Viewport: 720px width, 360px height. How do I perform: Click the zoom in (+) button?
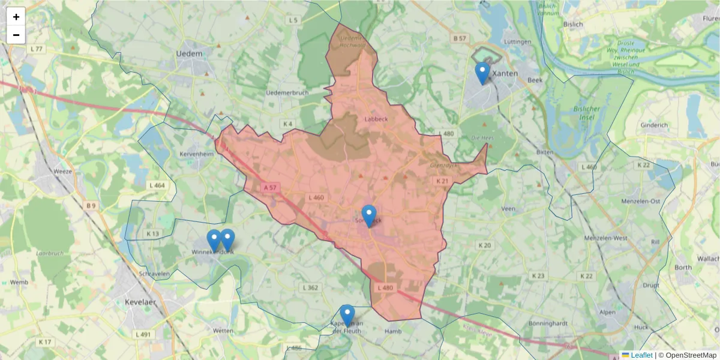pyautogui.click(x=16, y=17)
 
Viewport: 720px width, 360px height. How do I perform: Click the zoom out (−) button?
pyautogui.click(x=16, y=35)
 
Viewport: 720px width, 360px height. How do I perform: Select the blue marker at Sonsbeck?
pyautogui.click(x=369, y=216)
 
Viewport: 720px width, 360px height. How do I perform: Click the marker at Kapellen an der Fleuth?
pyautogui.click(x=347, y=316)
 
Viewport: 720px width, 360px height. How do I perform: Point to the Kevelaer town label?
pyautogui.click(x=141, y=302)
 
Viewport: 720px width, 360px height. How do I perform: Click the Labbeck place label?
pyautogui.click(x=376, y=119)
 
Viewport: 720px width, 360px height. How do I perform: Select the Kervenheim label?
pyautogui.click(x=197, y=154)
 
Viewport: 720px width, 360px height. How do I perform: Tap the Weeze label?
pyautogui.click(x=62, y=172)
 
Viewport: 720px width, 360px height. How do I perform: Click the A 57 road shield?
pyautogui.click(x=270, y=188)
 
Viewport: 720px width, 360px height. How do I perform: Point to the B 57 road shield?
pyautogui.click(x=460, y=38)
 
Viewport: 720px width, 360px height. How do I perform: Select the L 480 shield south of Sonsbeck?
pyautogui.click(x=385, y=288)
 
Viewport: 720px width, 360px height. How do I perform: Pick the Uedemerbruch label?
pyautogui.click(x=286, y=92)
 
